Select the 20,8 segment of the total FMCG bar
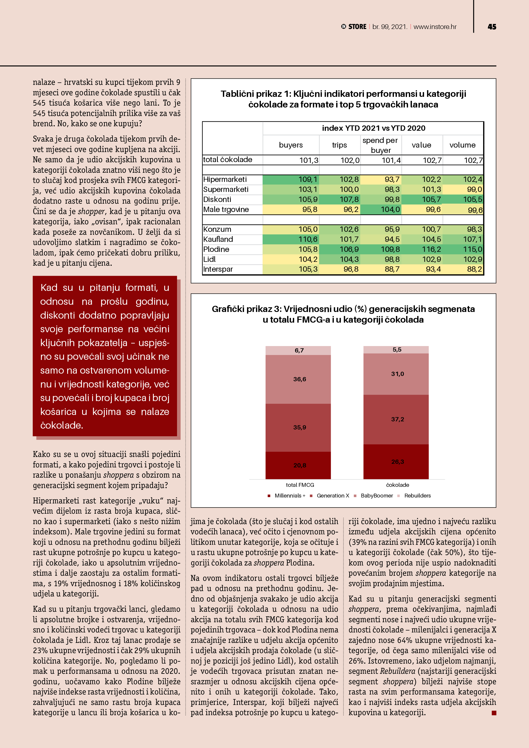299,465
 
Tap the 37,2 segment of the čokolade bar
397,419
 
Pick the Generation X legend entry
333,496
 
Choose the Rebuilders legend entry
417,496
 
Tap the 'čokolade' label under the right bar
397,485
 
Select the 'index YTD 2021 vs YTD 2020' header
373,128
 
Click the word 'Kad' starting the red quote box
49,288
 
